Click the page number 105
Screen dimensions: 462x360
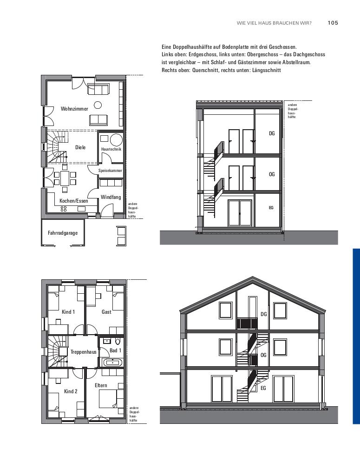333,22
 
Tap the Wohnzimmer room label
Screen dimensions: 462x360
74,109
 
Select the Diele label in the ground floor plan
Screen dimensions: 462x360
80,147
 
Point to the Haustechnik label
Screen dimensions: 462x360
111,149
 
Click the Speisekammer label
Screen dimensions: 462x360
110,171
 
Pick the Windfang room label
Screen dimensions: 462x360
111,197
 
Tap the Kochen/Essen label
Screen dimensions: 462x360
74,201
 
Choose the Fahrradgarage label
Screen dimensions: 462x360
63,232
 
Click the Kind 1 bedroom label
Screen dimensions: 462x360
68,312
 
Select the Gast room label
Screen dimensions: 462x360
106,312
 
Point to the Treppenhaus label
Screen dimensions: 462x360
83,352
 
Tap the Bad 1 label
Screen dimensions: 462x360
115,350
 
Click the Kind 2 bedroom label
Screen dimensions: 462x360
71,391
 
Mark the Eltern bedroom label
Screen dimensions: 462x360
101,385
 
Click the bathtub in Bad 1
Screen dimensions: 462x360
112,362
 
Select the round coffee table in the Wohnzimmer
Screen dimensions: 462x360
98,105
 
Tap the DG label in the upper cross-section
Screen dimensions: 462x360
272,133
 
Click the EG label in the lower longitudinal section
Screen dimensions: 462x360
263,388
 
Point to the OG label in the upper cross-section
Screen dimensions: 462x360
272,174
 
